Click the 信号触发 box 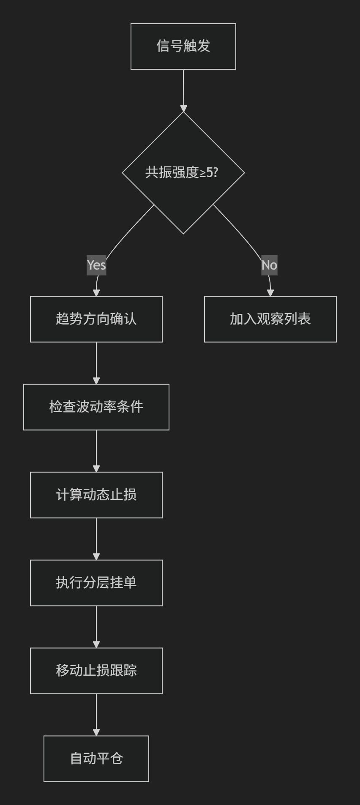coord(183,46)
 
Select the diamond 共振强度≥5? coord(183,172)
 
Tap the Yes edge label coord(96,265)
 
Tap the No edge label coord(270,265)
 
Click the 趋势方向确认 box coord(96,319)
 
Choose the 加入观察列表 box coord(270,319)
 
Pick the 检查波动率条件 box coord(96,407)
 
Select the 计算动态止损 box coord(96,495)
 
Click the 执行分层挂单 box coord(96,583)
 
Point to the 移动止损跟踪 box coord(96,671)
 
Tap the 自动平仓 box coord(96,759)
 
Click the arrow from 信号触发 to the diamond coord(183,91)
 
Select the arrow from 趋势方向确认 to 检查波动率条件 coord(96,363)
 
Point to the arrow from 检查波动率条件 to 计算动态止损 coord(96,451)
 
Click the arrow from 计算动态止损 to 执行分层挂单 coord(96,539)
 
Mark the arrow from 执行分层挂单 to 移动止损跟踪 coord(96,627)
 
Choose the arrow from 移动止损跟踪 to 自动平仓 coord(96,715)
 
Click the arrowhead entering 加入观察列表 coord(270,293)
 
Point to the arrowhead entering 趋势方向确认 coord(96,293)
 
